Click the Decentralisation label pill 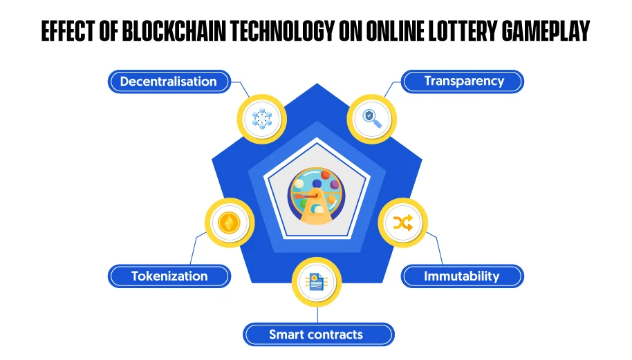(169, 82)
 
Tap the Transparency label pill (463, 82)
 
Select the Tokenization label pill (169, 276)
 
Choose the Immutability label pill (463, 276)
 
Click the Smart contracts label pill (318, 334)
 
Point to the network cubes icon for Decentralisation (262, 119)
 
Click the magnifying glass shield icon (372, 119)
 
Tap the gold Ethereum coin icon (230, 222)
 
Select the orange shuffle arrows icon (403, 222)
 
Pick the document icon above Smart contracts (317, 282)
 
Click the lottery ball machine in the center (317, 196)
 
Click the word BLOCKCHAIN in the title (174, 31)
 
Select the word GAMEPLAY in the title (546, 31)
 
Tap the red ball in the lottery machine (325, 176)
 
